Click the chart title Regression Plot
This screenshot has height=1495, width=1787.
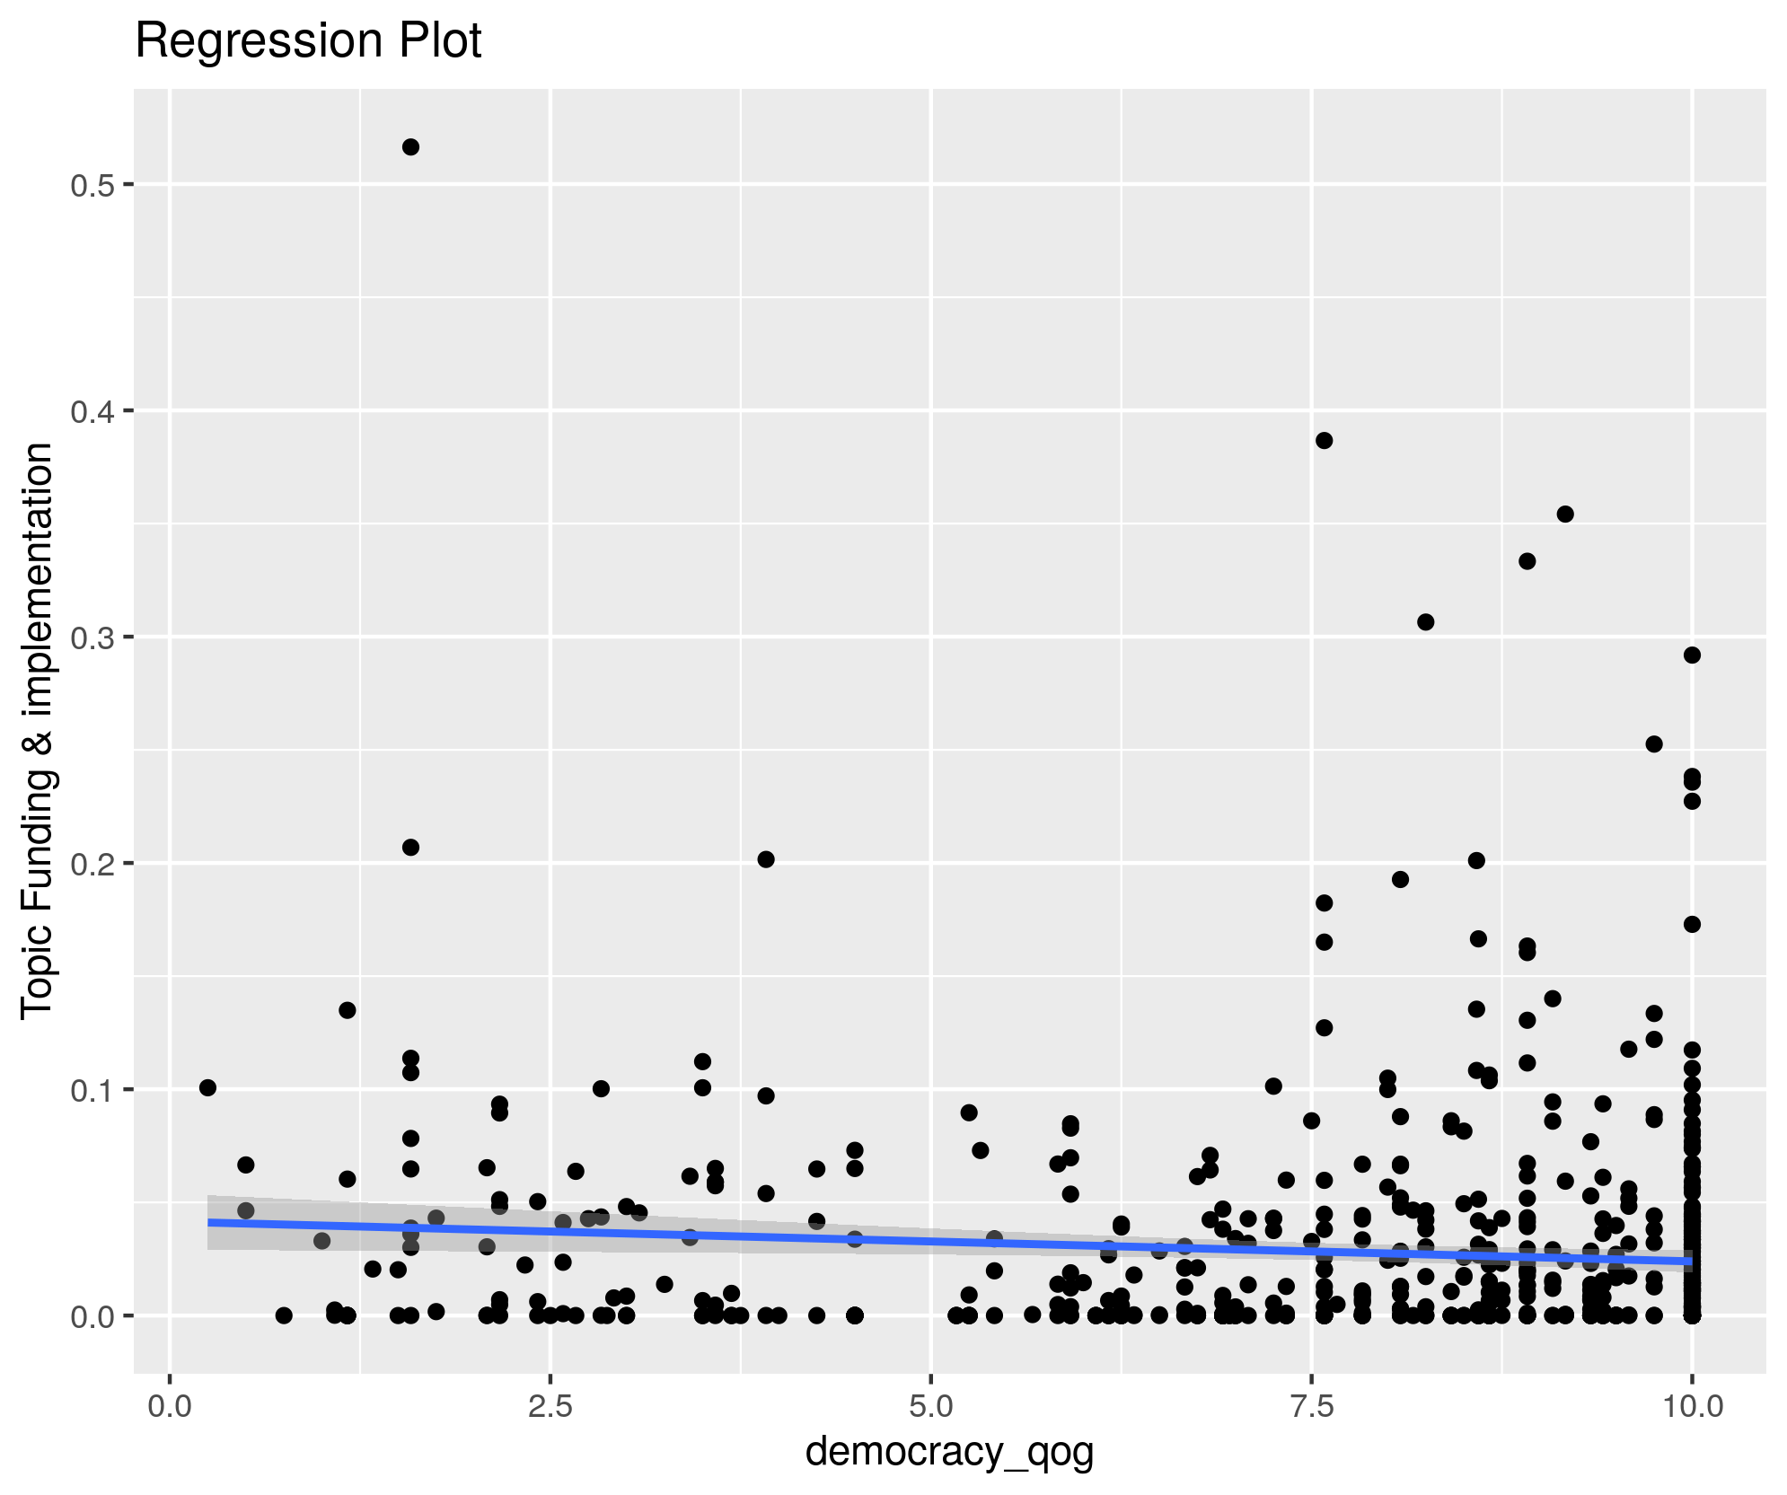[x=308, y=41]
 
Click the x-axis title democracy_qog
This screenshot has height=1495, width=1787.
[x=949, y=1451]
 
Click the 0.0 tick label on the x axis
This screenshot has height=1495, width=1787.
[x=169, y=1406]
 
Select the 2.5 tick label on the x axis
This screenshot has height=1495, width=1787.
[x=550, y=1406]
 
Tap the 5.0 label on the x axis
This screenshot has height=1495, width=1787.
[x=931, y=1406]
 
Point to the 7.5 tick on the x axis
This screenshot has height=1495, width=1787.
[x=1312, y=1406]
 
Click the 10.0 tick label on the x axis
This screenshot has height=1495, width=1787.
[x=1692, y=1406]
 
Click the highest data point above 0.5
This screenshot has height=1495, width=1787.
[x=410, y=147]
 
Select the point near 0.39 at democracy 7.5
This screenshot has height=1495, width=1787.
[x=1324, y=440]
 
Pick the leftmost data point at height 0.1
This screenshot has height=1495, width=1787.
[x=207, y=1087]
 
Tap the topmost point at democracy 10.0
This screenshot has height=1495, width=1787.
[x=1692, y=655]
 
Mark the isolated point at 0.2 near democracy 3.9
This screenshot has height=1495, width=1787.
[x=766, y=859]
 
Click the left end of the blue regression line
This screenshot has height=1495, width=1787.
[x=208, y=1222]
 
